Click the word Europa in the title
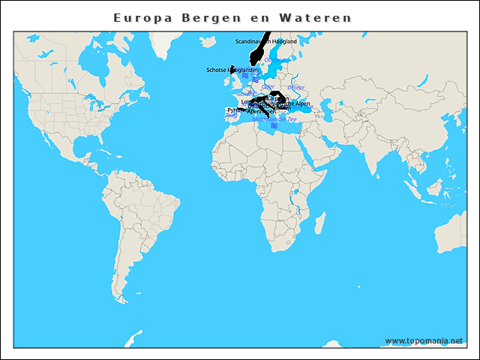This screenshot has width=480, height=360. pos(142,17)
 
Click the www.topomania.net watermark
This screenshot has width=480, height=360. pos(424,340)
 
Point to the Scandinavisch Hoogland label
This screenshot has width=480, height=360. pos(266,41)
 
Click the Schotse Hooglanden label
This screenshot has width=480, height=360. pos(232,70)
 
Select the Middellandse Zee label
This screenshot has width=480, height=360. pos(274,118)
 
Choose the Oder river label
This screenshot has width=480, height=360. pos(268,87)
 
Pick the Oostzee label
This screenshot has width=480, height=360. pos(276,60)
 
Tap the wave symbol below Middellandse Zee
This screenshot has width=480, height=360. pos(274,126)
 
